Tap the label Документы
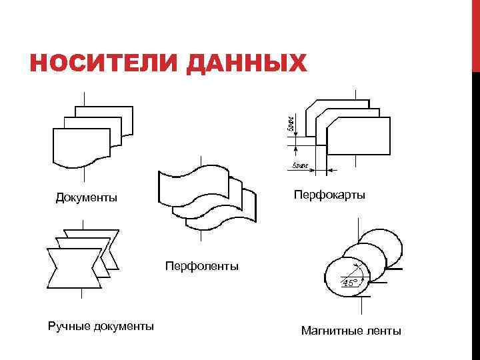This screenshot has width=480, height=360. click(87, 197)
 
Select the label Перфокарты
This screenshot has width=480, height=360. click(329, 195)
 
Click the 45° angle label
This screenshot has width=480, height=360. click(350, 283)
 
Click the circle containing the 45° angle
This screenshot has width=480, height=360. click(345, 277)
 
